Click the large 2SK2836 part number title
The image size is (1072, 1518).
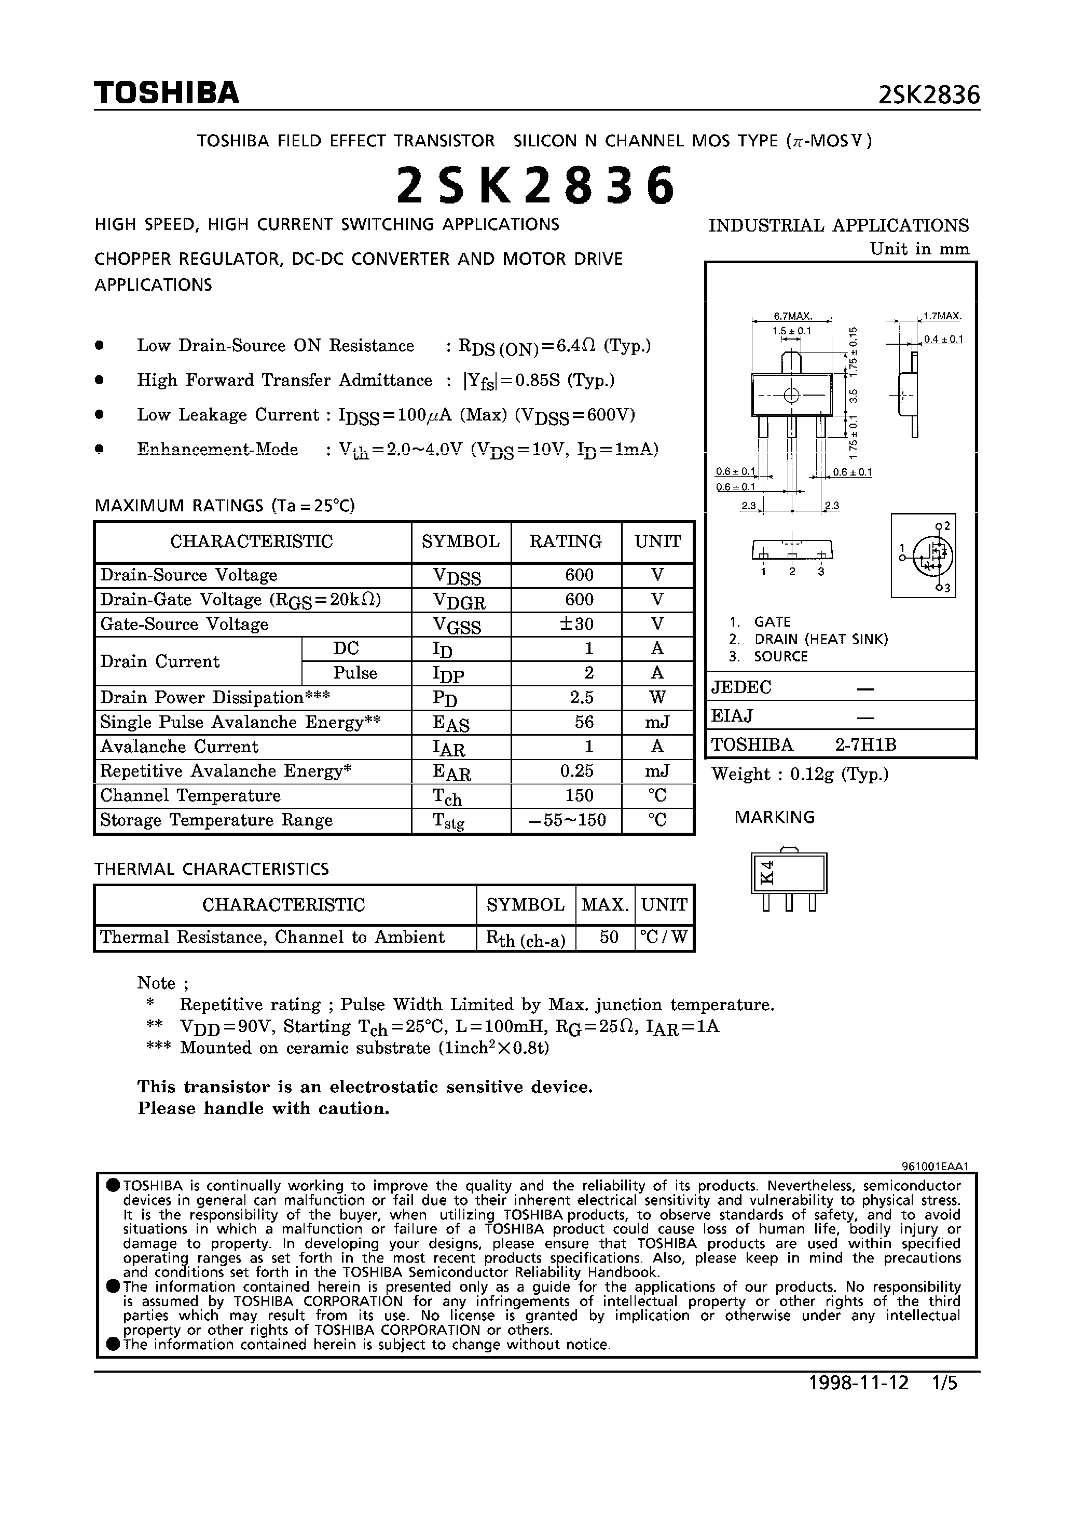pyautogui.click(x=536, y=186)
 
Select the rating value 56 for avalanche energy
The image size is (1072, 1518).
pyautogui.click(x=584, y=722)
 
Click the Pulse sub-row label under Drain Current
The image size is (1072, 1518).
pyautogui.click(x=355, y=673)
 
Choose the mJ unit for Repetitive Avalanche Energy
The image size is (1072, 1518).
pyautogui.click(x=657, y=771)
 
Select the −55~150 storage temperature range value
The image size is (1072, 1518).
pyautogui.click(x=568, y=820)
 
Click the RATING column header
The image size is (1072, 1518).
pyautogui.click(x=566, y=541)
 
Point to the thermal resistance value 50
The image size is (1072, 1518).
pyautogui.click(x=609, y=937)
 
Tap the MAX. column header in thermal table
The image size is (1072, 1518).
pyautogui.click(x=604, y=904)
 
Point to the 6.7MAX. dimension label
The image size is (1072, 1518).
pyautogui.click(x=792, y=316)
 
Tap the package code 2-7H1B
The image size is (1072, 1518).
pyautogui.click(x=865, y=745)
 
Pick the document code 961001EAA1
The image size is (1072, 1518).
pyautogui.click(x=934, y=1167)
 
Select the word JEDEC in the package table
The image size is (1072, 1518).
pyautogui.click(x=741, y=687)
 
